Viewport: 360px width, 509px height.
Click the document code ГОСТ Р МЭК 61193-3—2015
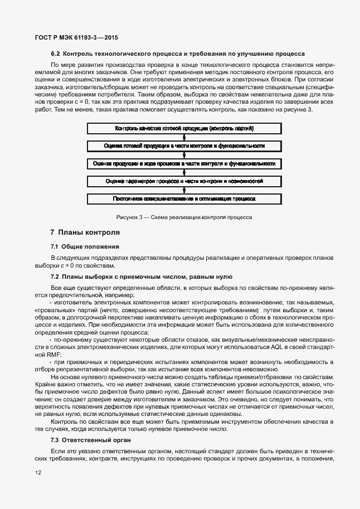pos(72,37)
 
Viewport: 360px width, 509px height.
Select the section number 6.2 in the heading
pos(56,54)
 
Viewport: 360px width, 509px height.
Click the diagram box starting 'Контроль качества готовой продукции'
pos(184,128)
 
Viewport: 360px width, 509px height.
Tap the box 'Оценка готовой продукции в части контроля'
pos(184,146)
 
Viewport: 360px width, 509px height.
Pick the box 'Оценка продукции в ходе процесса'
pos(184,163)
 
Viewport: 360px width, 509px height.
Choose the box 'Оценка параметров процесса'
pos(184,181)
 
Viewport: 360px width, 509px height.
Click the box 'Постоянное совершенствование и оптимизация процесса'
pos(184,198)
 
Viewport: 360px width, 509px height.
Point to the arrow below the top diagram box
pos(184,137)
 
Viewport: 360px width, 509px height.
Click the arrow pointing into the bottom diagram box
pos(184,190)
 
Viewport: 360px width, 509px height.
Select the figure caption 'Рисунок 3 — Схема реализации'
pos(184,217)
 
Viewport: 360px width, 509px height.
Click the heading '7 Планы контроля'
pos(84,232)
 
